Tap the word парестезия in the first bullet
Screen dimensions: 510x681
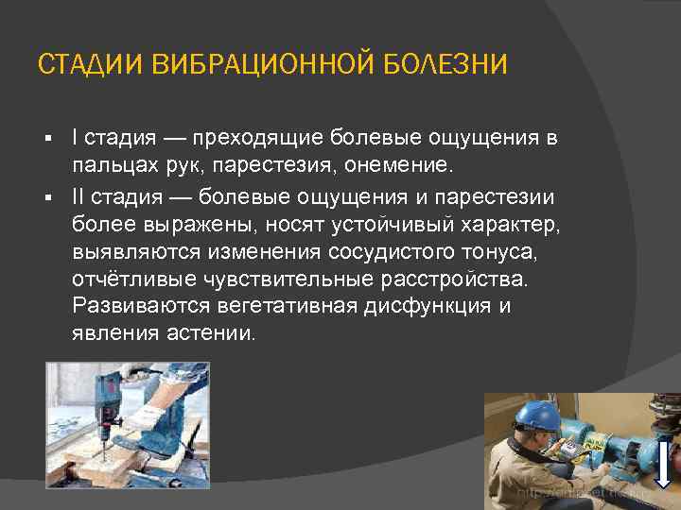[x=304, y=167]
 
